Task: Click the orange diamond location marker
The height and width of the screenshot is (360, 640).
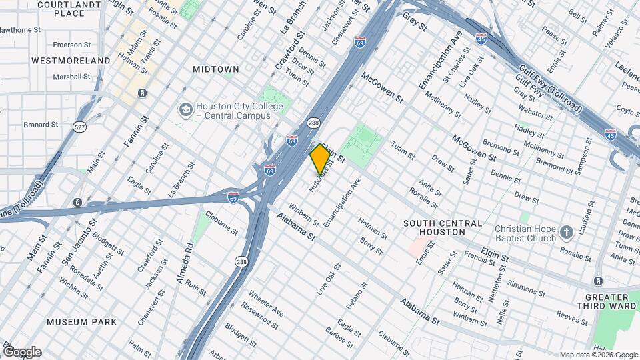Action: click(320, 159)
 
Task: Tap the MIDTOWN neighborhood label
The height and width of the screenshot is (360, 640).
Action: click(215, 69)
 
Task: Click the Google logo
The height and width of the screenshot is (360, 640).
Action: click(21, 351)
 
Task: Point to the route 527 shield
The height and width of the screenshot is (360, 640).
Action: click(80, 127)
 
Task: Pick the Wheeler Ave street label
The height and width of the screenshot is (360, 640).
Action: click(266, 303)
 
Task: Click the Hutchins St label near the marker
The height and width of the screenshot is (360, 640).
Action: click(321, 176)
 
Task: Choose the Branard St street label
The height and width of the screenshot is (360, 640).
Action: click(41, 125)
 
